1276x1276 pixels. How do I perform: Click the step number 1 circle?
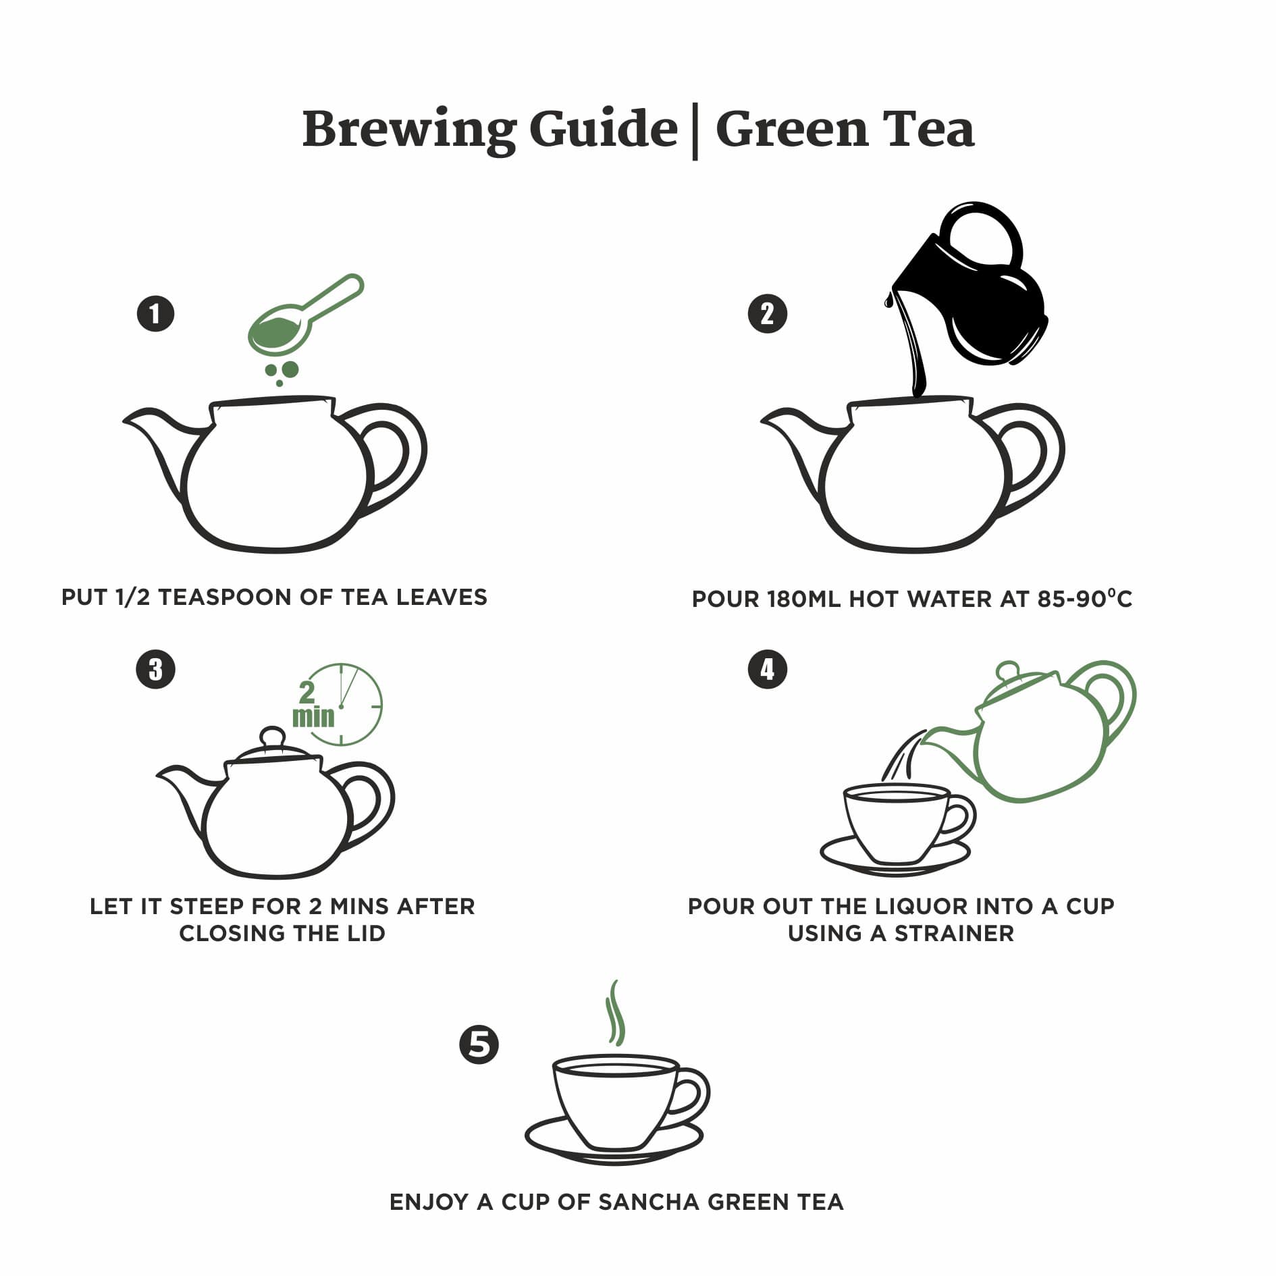[x=156, y=314]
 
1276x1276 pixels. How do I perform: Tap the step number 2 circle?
[x=768, y=314]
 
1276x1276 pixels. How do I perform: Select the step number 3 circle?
[x=156, y=669]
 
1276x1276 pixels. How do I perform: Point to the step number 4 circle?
[x=768, y=669]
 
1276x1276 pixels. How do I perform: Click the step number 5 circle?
[x=479, y=1045]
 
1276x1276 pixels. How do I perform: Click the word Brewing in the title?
[x=408, y=130]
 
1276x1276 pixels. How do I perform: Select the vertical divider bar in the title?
[x=695, y=132]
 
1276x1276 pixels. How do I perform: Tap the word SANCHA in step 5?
[x=649, y=1202]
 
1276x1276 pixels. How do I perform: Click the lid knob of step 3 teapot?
[x=273, y=736]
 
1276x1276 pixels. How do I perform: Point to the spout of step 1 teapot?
[x=145, y=425]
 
